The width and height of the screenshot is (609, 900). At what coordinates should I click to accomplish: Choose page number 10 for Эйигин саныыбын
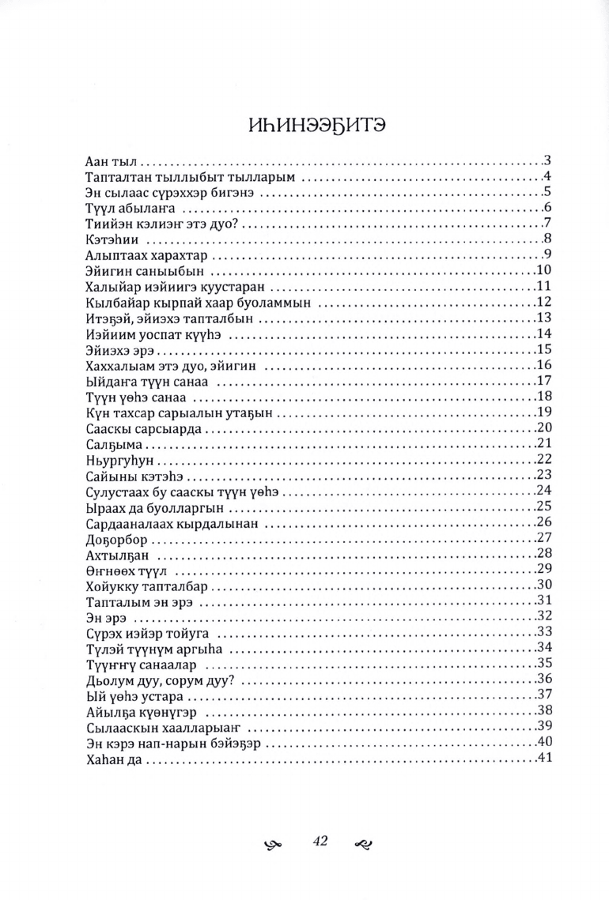pyautogui.click(x=543, y=271)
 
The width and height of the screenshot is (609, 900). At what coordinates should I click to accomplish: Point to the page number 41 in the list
pyautogui.click(x=543, y=759)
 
